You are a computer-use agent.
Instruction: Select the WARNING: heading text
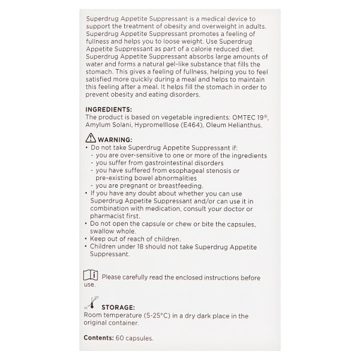pyautogui.click(x=115, y=139)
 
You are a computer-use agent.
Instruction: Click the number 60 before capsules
pyautogui.click(x=121, y=338)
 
